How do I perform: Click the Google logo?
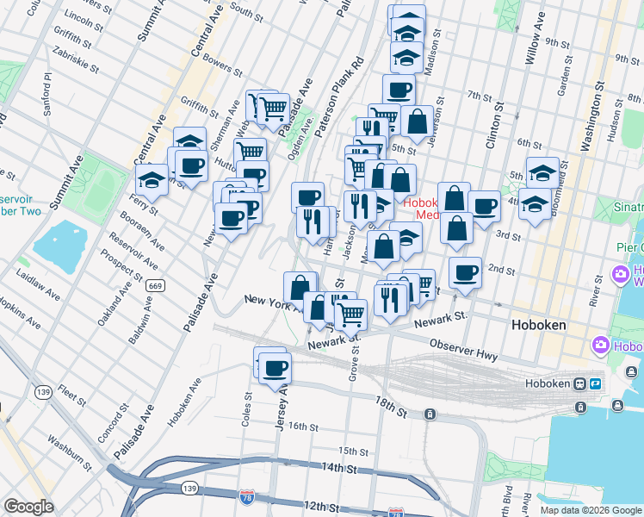coord(29,506)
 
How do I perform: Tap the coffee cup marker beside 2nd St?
coord(465,272)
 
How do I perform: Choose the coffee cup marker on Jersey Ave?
coord(275,368)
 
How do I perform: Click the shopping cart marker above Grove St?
coord(350,315)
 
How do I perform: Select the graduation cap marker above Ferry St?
coord(152,180)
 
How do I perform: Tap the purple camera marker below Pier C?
coord(620,274)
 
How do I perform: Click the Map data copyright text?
coord(591,510)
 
